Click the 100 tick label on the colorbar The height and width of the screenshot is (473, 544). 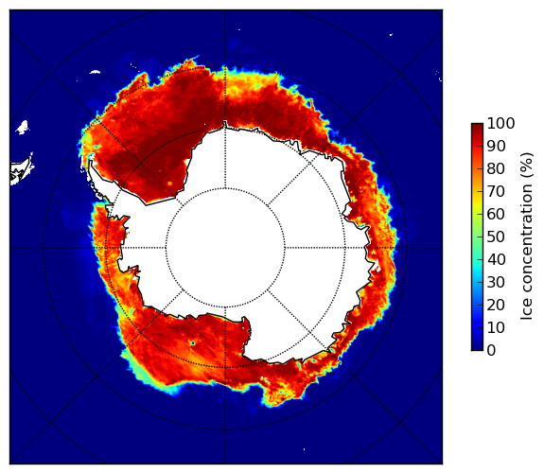click(x=500, y=124)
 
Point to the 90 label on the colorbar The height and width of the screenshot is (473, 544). click(x=496, y=146)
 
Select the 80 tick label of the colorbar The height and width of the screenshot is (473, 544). click(x=496, y=169)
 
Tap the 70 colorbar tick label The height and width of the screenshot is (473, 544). click(x=496, y=191)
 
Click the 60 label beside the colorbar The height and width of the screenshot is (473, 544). click(x=496, y=214)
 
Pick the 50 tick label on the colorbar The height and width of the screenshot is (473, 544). click(x=496, y=237)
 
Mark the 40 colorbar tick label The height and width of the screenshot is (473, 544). click(x=496, y=259)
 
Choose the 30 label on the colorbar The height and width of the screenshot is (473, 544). click(x=496, y=283)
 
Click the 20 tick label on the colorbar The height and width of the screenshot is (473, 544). click(x=496, y=305)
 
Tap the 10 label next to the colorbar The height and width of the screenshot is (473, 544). click(x=496, y=327)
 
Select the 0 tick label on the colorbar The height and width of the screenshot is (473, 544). click(x=492, y=351)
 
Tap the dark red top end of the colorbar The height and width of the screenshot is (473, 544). click(x=477, y=126)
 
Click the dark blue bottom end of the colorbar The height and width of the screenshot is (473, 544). click(x=477, y=348)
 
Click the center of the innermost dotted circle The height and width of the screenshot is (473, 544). click(x=225, y=248)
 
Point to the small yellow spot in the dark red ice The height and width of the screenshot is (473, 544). click(x=169, y=184)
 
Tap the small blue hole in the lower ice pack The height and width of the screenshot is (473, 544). click(x=192, y=343)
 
